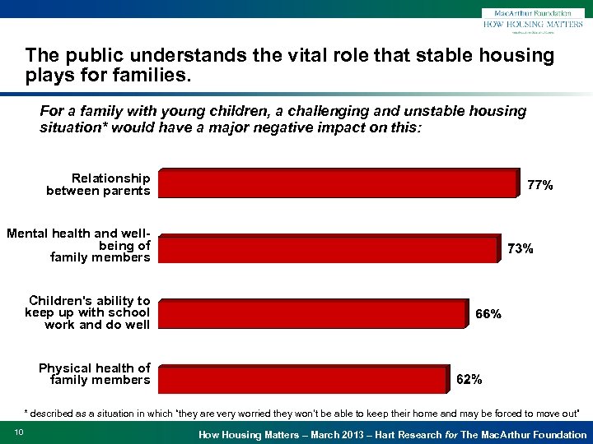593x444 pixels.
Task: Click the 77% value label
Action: pyautogui.click(x=539, y=186)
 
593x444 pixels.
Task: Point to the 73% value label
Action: pyautogui.click(x=520, y=249)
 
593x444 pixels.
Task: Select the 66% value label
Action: pyautogui.click(x=488, y=314)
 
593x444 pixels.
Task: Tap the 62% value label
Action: pyautogui.click(x=469, y=380)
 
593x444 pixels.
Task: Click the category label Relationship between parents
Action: pyautogui.click(x=99, y=184)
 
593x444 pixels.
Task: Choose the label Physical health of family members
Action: pyautogui.click(x=95, y=373)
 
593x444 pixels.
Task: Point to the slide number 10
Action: pyautogui.click(x=19, y=433)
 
